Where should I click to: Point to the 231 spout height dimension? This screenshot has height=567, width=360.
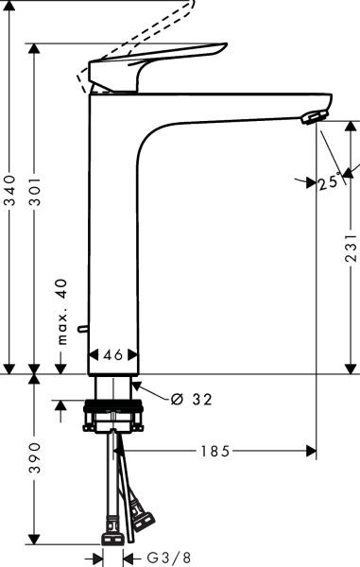coord(351,248)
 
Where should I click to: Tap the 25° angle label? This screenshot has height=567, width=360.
coord(329,183)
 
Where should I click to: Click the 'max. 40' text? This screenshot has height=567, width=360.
coord(61,312)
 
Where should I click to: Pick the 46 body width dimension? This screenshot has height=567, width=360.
coord(113,355)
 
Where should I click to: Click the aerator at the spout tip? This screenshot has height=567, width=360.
coord(313,116)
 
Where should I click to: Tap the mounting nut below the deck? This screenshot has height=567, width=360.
coord(114,416)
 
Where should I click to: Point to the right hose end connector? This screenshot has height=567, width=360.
coord(144,518)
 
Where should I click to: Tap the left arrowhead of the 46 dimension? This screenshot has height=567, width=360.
coord(93,355)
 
